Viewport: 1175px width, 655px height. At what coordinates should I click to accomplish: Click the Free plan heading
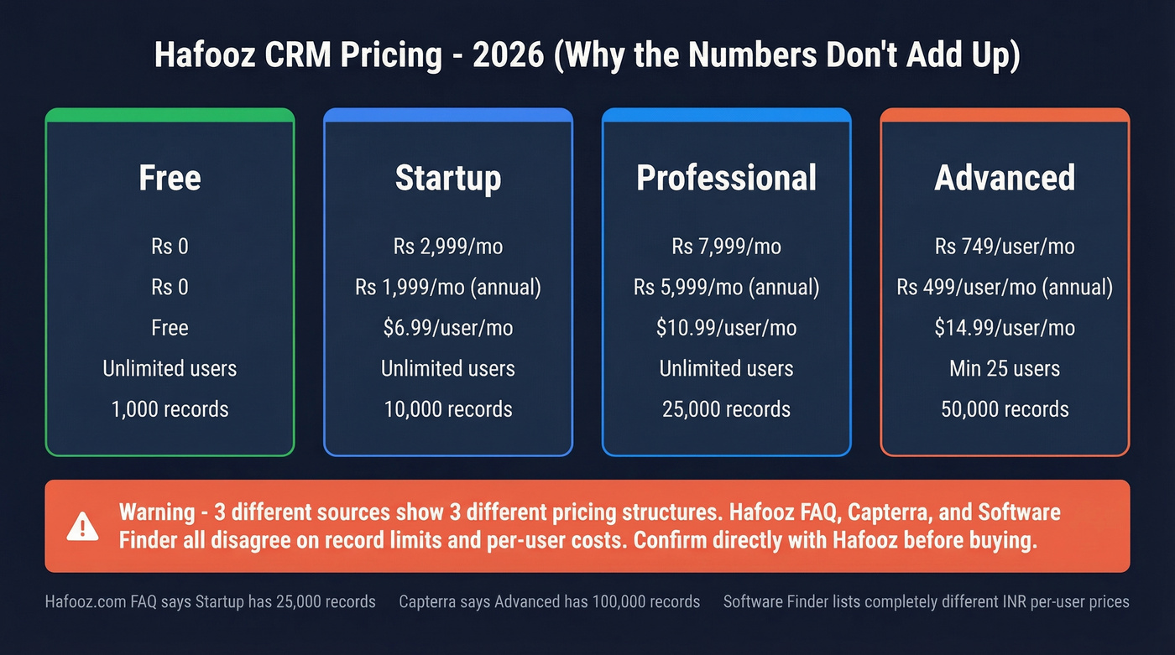pyautogui.click(x=170, y=178)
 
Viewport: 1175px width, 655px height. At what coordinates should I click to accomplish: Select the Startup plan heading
pyautogui.click(x=448, y=178)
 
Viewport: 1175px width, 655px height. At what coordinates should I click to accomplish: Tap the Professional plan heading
pyautogui.click(x=726, y=178)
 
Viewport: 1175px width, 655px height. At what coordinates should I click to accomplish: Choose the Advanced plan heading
pyautogui.click(x=1005, y=178)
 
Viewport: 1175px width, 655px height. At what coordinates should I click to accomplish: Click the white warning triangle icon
pyautogui.click(x=82, y=526)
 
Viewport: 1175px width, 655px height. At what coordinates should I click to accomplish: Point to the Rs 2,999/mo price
pyautogui.click(x=448, y=247)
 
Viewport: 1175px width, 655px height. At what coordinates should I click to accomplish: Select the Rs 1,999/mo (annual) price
pyautogui.click(x=448, y=288)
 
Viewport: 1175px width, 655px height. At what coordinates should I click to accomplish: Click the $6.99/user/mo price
pyautogui.click(x=448, y=328)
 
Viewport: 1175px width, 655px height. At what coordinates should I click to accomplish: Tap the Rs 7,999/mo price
pyautogui.click(x=726, y=247)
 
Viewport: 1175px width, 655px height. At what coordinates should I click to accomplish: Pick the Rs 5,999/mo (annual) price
pyautogui.click(x=726, y=288)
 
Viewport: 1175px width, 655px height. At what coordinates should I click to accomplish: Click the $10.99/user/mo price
pyautogui.click(x=726, y=328)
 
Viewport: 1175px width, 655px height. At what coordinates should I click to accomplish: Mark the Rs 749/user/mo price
pyautogui.click(x=1005, y=247)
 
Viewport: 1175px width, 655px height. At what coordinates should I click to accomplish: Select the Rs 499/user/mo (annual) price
pyautogui.click(x=1005, y=288)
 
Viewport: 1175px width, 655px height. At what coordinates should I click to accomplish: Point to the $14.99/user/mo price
pyautogui.click(x=1005, y=328)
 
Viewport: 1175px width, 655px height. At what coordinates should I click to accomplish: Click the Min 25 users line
pyautogui.click(x=1005, y=369)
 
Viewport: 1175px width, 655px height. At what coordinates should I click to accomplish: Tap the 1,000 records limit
pyautogui.click(x=170, y=409)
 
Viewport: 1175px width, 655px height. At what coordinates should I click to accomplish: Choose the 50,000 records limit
pyautogui.click(x=1005, y=409)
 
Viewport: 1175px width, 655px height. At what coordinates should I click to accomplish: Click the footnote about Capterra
pyautogui.click(x=549, y=601)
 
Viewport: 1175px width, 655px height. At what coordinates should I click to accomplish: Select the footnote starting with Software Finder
pyautogui.click(x=926, y=601)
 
